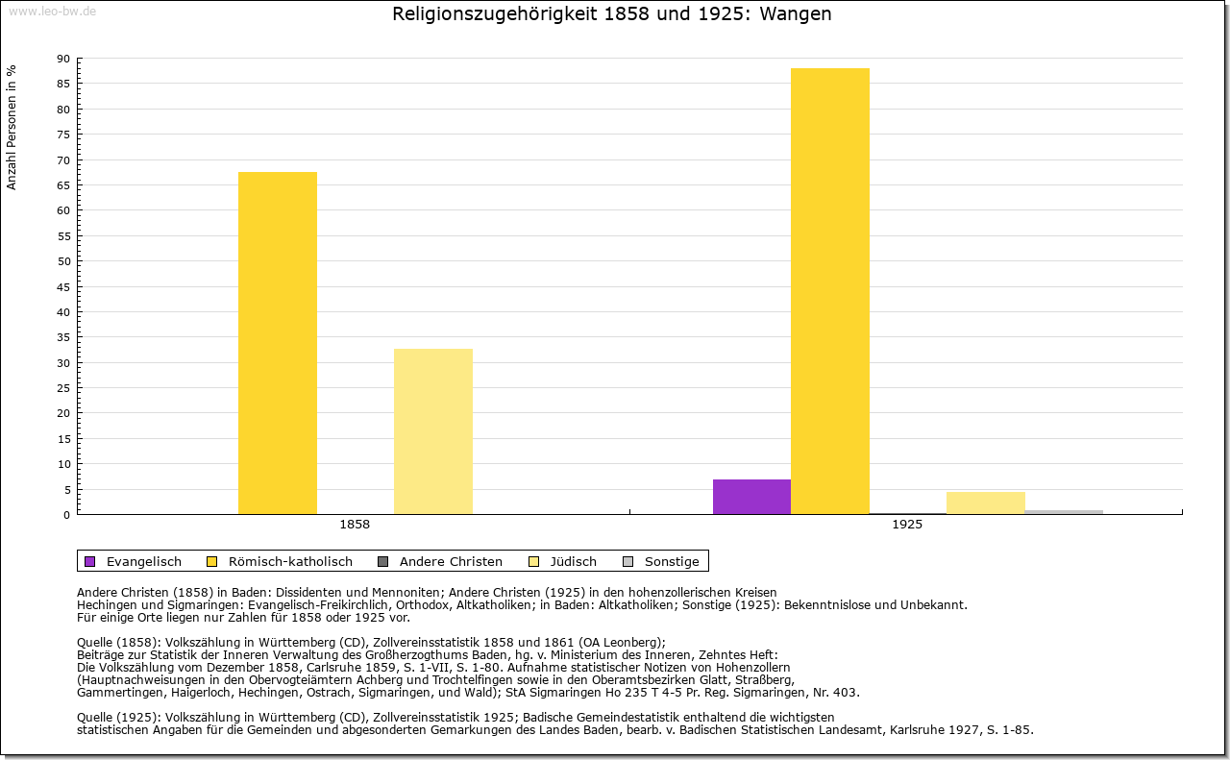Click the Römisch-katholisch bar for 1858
[x=277, y=343]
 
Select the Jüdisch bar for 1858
[x=432, y=431]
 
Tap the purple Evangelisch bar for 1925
[x=751, y=497]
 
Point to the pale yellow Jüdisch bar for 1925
[x=986, y=503]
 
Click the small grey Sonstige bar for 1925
[x=1064, y=512]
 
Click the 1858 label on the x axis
[x=355, y=526]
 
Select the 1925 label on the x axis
[x=907, y=526]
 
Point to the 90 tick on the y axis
[x=63, y=59]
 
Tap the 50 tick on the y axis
[x=63, y=261]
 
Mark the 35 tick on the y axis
[x=63, y=337]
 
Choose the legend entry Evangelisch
[x=143, y=561]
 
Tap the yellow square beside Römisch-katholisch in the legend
[x=211, y=561]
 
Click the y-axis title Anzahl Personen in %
[x=12, y=128]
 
